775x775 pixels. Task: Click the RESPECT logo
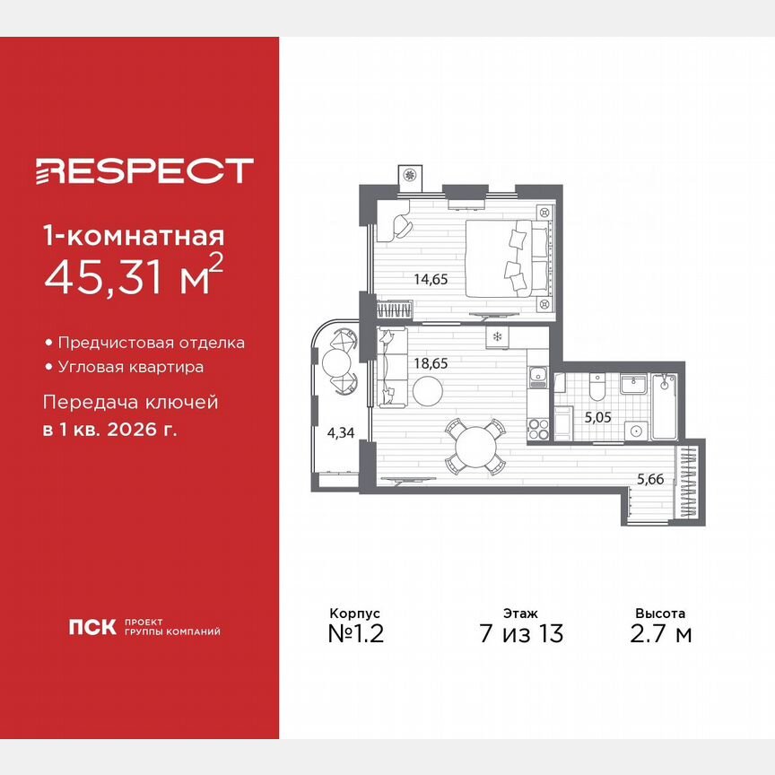coord(144,170)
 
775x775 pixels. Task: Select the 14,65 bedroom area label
coord(431,279)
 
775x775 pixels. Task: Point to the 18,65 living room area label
coord(431,364)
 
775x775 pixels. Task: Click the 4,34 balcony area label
coord(340,432)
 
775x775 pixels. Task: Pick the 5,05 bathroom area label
coord(597,416)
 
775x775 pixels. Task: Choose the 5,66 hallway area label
coord(651,480)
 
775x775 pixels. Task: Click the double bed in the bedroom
coord(507,259)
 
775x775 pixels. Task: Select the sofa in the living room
coord(391,367)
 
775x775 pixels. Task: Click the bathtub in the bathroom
coord(664,407)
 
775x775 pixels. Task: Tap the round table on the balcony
coord(339,362)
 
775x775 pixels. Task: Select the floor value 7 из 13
coord(520,633)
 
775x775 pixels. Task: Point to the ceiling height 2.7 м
coord(660,633)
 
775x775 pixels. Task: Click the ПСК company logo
coord(92,627)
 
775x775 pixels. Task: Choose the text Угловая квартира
coord(130,367)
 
